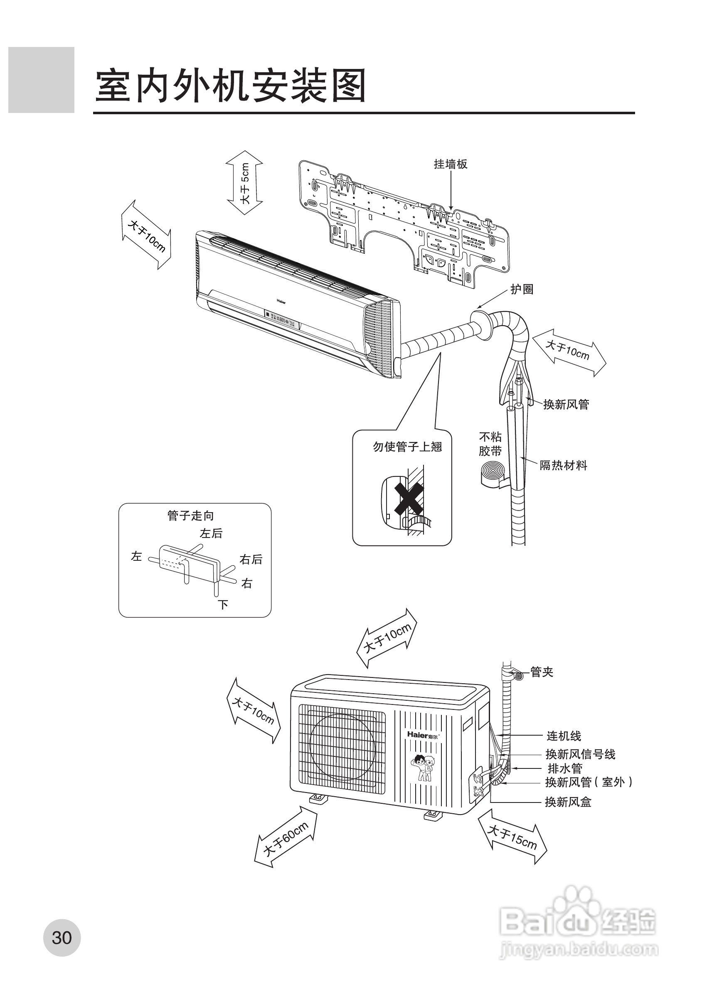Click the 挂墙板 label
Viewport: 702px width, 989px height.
451,164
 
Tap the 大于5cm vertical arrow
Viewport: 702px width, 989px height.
245,183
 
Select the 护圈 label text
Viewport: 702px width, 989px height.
522,289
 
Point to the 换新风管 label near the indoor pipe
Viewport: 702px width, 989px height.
566,404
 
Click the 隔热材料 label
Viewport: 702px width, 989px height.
563,465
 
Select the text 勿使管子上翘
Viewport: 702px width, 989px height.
407,447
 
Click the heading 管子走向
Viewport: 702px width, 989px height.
191,515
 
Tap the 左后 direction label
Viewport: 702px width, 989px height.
211,534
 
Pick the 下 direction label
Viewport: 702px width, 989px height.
223,605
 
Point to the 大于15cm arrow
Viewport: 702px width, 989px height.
512,837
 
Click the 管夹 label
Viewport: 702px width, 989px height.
542,672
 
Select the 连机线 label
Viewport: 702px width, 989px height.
564,736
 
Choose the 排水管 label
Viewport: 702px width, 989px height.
565,768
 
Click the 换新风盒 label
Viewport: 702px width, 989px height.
568,802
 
